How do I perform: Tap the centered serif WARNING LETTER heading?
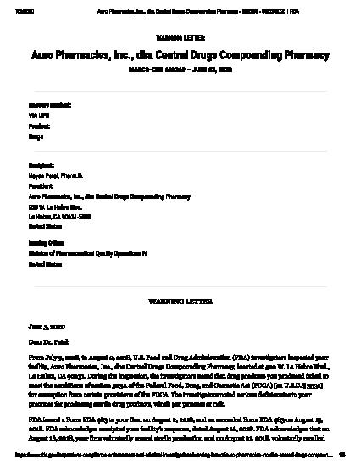[x=180, y=301]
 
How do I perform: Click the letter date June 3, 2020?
[x=47, y=325]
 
